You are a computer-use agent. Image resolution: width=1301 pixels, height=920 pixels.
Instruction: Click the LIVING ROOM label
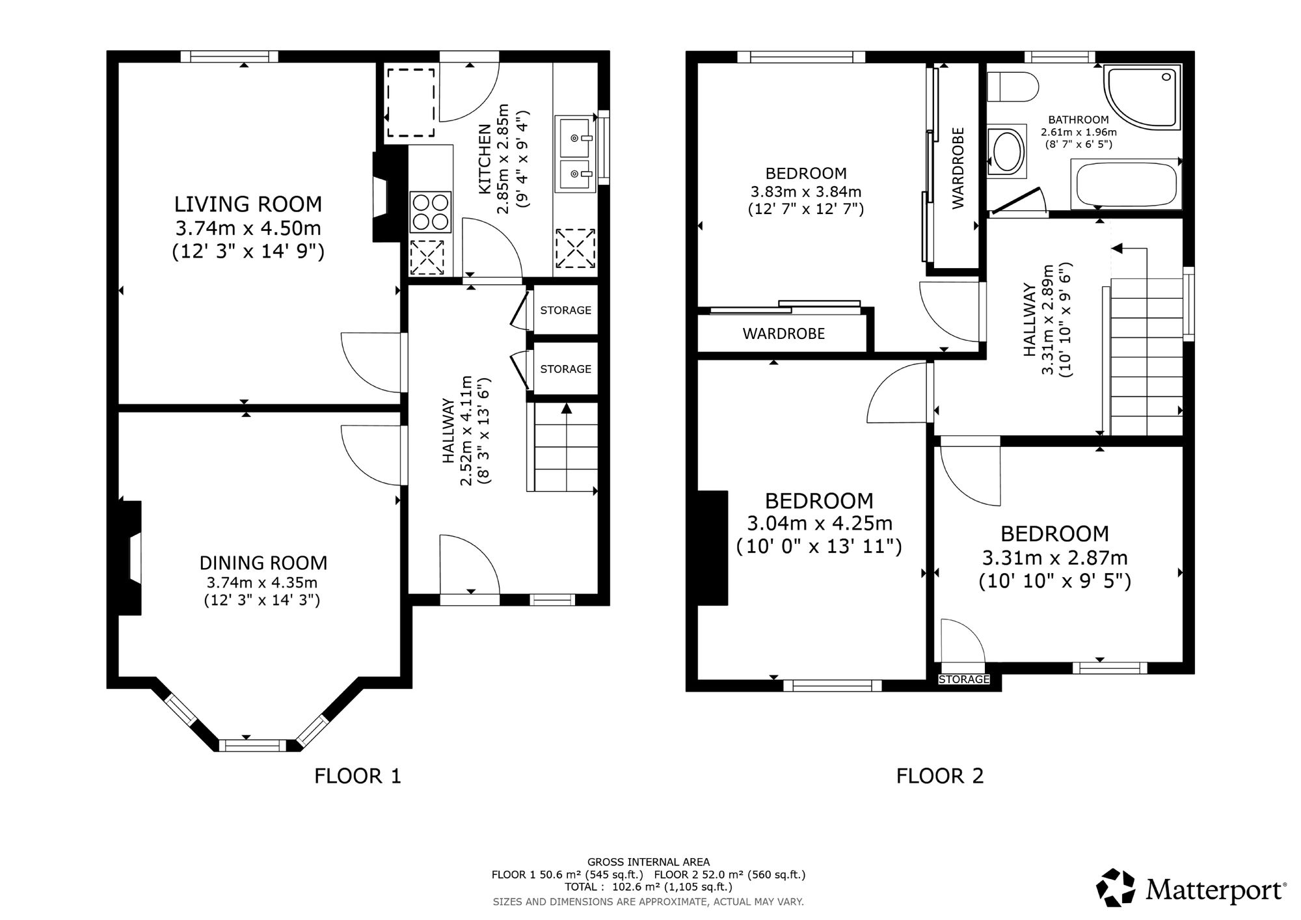248,204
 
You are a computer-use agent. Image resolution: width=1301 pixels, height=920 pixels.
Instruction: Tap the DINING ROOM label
263,563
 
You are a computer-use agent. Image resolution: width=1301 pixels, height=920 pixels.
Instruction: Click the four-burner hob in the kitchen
431,212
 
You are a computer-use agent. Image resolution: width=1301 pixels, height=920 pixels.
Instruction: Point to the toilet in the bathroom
1012,87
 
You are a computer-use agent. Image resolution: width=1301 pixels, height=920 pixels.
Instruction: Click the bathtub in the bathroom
1127,184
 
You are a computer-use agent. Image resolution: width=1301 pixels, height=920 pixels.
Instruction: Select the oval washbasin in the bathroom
1006,151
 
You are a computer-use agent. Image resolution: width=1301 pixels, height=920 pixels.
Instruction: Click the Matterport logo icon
1116,887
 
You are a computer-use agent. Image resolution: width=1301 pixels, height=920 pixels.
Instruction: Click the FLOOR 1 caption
358,776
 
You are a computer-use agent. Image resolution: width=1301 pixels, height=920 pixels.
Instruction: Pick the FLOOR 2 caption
940,776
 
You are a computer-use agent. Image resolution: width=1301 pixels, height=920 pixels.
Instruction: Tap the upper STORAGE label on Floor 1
566,310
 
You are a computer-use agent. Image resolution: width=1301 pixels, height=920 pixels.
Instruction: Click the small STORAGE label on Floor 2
964,679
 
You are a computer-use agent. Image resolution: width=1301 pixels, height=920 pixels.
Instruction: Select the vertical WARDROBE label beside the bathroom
958,168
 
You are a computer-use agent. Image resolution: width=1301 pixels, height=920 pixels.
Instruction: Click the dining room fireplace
130,558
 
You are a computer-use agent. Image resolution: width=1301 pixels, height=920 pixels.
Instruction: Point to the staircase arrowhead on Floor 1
566,408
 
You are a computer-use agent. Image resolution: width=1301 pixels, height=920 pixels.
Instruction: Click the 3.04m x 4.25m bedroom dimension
819,523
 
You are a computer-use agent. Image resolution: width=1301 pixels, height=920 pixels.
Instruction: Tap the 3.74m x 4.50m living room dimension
248,228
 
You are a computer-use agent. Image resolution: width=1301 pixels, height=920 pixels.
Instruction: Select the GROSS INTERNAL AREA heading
649,862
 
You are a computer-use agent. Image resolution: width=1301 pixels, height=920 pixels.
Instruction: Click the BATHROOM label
1079,120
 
